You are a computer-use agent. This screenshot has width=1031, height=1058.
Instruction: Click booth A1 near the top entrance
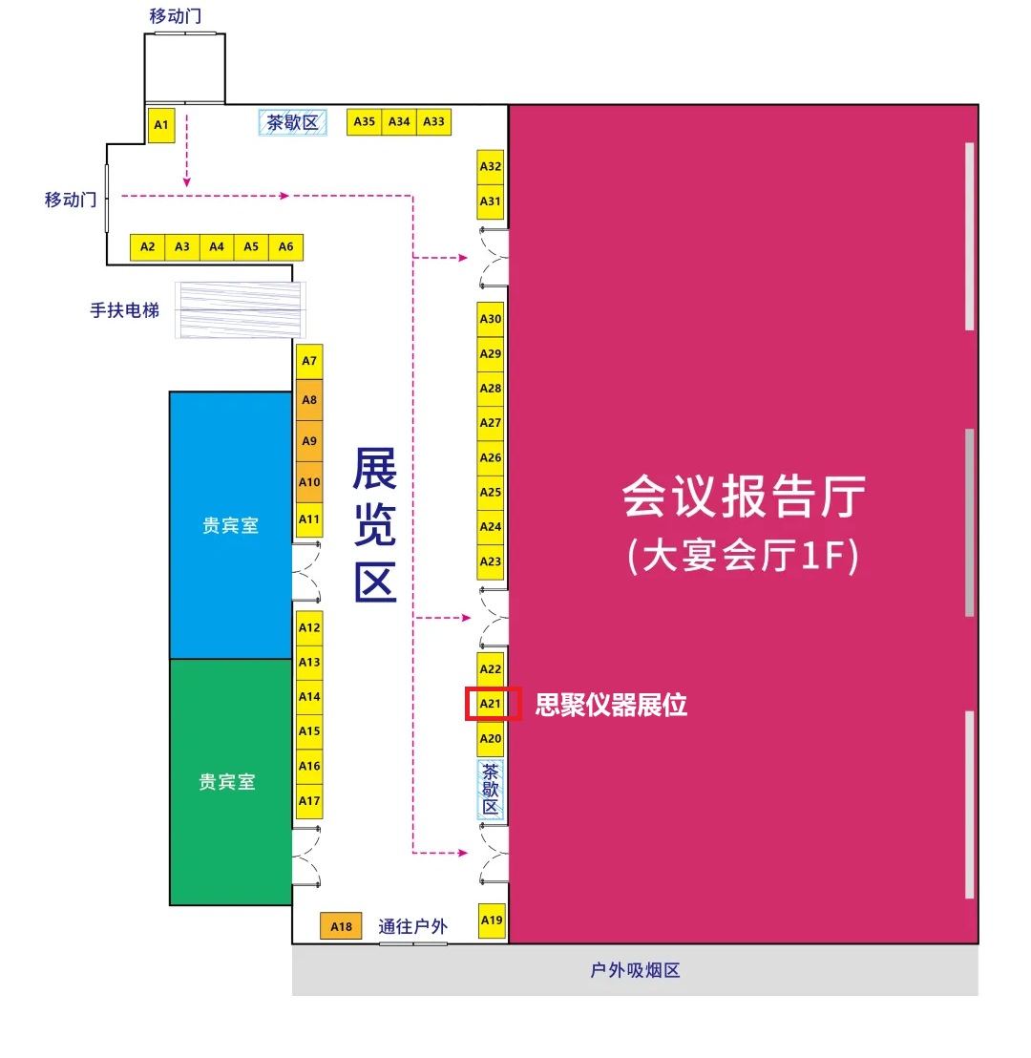click(160, 125)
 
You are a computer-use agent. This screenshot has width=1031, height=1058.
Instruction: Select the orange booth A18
click(341, 926)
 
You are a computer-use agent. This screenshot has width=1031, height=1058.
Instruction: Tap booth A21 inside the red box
click(491, 704)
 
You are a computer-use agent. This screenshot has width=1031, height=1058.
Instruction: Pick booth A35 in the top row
click(365, 121)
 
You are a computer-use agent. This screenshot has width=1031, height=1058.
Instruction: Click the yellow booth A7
click(309, 361)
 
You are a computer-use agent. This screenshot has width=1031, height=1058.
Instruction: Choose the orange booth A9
click(309, 440)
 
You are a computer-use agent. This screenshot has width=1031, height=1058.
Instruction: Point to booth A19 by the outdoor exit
click(492, 920)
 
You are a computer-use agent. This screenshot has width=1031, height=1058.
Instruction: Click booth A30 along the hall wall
click(491, 319)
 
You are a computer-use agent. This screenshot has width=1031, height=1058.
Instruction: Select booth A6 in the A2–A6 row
click(286, 247)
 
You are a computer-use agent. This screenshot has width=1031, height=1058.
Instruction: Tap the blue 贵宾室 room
click(231, 525)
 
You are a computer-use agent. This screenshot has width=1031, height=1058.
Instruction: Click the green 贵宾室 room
click(231, 782)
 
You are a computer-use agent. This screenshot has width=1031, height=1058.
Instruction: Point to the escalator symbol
click(241, 309)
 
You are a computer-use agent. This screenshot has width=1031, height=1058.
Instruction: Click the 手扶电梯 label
click(125, 310)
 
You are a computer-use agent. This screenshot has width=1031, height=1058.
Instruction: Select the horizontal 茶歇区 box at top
click(293, 122)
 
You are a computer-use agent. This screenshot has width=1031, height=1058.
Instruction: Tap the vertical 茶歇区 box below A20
click(491, 790)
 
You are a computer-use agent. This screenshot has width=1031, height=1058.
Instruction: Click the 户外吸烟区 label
click(635, 970)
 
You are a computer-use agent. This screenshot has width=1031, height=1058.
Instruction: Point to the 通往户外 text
click(413, 926)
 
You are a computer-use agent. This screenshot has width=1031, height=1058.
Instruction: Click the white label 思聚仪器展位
click(611, 705)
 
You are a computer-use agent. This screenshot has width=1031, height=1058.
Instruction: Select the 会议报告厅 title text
click(744, 496)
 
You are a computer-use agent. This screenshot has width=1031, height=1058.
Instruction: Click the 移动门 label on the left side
click(71, 200)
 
